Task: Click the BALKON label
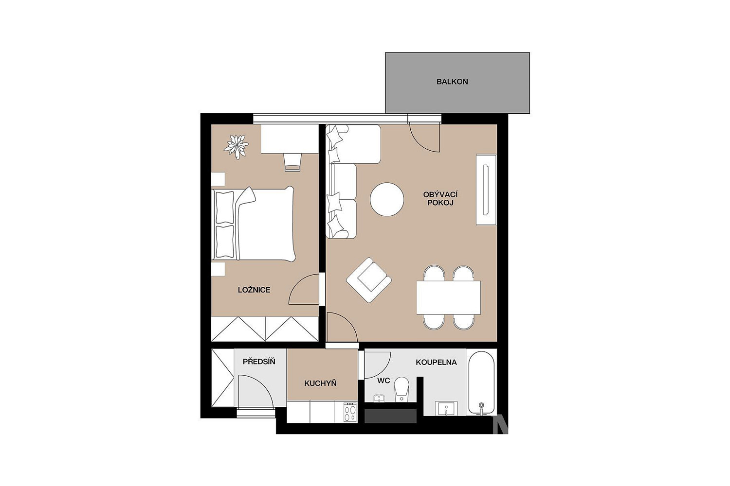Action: [x=452, y=82]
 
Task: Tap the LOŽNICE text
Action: [x=254, y=290]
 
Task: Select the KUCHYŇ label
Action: [x=320, y=383]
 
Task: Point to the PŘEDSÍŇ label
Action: [x=259, y=361]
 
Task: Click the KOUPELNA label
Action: [x=436, y=362]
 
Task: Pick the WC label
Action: [x=383, y=381]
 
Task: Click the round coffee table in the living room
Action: [x=387, y=199]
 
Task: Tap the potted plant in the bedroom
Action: [x=236, y=147]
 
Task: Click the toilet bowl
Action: [x=401, y=390]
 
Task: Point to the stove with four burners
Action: [x=350, y=412]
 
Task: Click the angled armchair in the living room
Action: [x=369, y=280]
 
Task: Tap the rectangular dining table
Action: [x=449, y=297]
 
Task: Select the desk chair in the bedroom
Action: [x=292, y=162]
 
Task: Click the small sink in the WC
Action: [x=379, y=399]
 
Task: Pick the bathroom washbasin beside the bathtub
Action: [x=446, y=409]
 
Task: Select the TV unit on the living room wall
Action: [x=486, y=190]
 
